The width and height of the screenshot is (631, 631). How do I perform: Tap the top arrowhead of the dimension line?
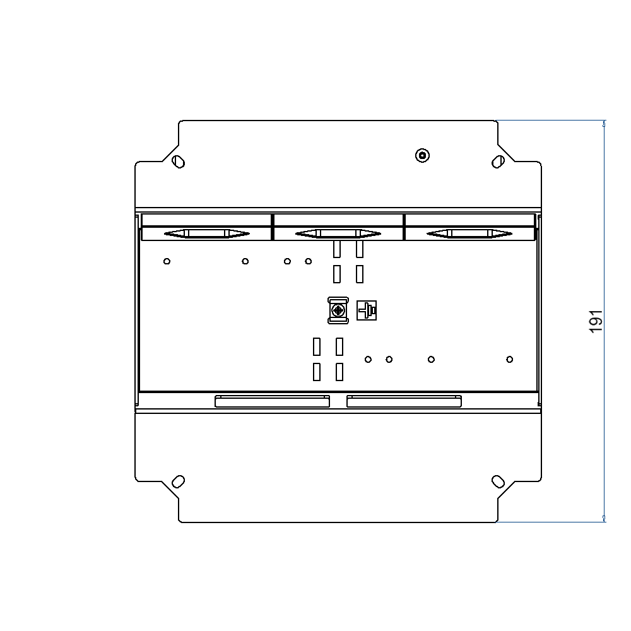[x=604, y=124]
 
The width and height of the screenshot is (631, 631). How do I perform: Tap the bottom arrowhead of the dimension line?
[x=604, y=518]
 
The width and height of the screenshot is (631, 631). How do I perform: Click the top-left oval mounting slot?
[x=179, y=162]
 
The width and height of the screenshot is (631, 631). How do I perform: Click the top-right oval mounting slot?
[x=498, y=162]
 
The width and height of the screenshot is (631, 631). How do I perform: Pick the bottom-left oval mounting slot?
[x=179, y=481]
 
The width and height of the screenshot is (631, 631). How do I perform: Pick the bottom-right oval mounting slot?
[x=498, y=481]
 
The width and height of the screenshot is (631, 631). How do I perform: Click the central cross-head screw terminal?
[x=339, y=310]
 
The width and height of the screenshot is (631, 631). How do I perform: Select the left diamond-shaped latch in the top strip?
[x=206, y=233]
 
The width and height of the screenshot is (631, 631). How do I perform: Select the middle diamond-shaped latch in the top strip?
[x=338, y=233]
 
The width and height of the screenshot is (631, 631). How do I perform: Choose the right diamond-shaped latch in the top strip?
[x=469, y=233]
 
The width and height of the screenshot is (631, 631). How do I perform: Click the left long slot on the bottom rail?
[x=272, y=401]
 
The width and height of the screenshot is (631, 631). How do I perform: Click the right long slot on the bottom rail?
[x=404, y=401]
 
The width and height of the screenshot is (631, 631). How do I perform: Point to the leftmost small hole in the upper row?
[x=167, y=261]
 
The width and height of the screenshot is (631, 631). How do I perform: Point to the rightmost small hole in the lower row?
[x=510, y=360]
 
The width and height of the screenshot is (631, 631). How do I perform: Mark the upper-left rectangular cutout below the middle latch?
[x=337, y=249]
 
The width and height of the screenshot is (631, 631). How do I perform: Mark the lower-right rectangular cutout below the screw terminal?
[x=339, y=372]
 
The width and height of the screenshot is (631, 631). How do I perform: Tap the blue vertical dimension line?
[x=604, y=410]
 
